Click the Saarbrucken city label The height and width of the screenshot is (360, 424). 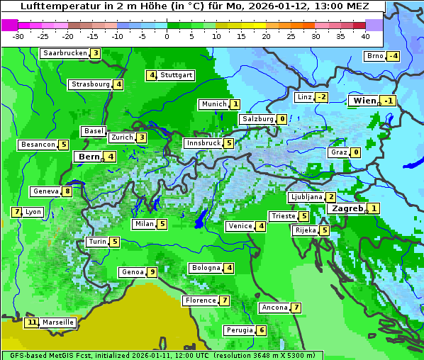(x=65, y=53)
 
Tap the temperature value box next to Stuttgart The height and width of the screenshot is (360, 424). (x=152, y=75)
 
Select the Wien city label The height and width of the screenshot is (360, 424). (x=364, y=101)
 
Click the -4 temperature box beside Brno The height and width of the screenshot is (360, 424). (x=393, y=57)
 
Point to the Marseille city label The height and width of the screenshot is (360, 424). (x=57, y=322)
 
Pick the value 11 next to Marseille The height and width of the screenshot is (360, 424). (x=31, y=322)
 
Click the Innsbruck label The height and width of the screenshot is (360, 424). (x=203, y=143)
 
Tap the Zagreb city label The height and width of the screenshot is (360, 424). (x=347, y=209)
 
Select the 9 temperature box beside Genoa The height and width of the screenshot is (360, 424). (x=152, y=272)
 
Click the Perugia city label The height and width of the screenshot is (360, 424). (x=238, y=330)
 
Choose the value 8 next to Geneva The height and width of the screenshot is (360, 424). (x=67, y=191)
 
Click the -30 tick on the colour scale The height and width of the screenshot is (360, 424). (x=18, y=36)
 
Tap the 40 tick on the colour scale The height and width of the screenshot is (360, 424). (x=365, y=36)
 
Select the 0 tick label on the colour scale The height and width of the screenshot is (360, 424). (x=167, y=36)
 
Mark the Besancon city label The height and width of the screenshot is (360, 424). (x=38, y=145)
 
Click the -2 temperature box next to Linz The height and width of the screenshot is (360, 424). (x=321, y=97)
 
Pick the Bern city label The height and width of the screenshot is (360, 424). (x=89, y=157)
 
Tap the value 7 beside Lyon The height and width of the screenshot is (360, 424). (x=16, y=212)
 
